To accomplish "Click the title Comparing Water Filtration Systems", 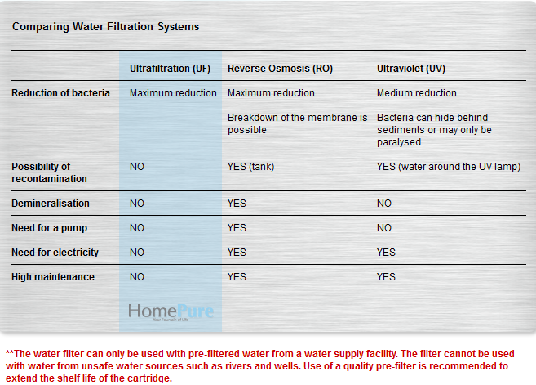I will pyautogui.click(x=105, y=27).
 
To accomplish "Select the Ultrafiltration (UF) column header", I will pyautogui.click(x=170, y=69).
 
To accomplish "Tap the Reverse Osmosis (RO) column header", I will pyautogui.click(x=280, y=69).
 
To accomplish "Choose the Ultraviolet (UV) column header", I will pyautogui.click(x=410, y=69).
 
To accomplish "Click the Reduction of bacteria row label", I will pyautogui.click(x=60, y=93).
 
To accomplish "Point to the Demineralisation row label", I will pyautogui.click(x=51, y=204).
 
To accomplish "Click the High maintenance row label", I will pyautogui.click(x=53, y=277).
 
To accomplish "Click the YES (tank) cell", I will pyautogui.click(x=250, y=167).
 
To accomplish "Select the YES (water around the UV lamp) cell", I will pyautogui.click(x=449, y=167).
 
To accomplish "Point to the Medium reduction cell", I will pyautogui.click(x=417, y=93).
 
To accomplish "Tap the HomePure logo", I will pyautogui.click(x=171, y=311).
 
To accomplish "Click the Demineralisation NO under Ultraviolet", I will pyautogui.click(x=384, y=204).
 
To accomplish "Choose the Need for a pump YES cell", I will pyautogui.click(x=237, y=228).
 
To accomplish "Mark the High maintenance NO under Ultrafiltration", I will pyautogui.click(x=137, y=277).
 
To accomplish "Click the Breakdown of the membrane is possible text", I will pyautogui.click(x=298, y=124).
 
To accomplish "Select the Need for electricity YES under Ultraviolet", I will pyautogui.click(x=386, y=253).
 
